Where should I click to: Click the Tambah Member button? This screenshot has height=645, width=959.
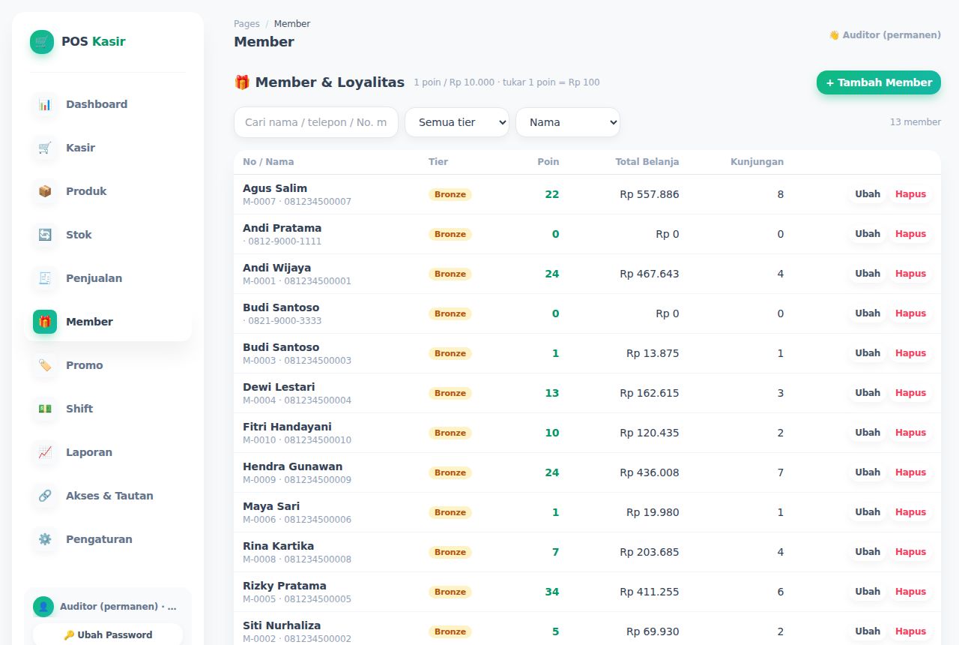[x=878, y=82]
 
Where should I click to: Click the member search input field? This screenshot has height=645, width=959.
[x=316, y=122]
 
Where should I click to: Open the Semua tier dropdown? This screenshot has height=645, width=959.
[x=457, y=122]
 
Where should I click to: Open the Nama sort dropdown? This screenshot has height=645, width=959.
[x=568, y=122]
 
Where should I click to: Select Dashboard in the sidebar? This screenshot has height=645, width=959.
[x=97, y=104]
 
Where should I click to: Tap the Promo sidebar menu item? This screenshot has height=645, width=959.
[x=85, y=365]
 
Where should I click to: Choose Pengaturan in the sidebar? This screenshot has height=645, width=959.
[x=99, y=539]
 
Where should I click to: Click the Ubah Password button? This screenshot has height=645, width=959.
[x=108, y=634]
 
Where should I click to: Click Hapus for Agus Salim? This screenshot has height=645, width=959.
[x=910, y=194]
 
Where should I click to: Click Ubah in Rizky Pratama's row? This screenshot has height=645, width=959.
[x=868, y=592]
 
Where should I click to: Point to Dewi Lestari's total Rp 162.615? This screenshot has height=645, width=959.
[x=649, y=393]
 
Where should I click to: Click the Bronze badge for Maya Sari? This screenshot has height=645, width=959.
[x=450, y=512]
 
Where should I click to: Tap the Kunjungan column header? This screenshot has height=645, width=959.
[x=757, y=161]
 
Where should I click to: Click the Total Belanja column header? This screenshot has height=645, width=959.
[x=647, y=161]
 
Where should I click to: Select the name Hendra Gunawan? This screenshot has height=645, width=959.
[x=292, y=466]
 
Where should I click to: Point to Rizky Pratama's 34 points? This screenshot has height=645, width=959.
[x=552, y=592]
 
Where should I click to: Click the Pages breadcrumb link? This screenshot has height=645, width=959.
[x=246, y=23]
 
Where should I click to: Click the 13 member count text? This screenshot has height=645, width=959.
[x=915, y=122]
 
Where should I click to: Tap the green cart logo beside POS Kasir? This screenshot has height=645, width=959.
[x=42, y=41]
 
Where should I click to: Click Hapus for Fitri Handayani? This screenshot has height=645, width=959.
[x=910, y=433]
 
